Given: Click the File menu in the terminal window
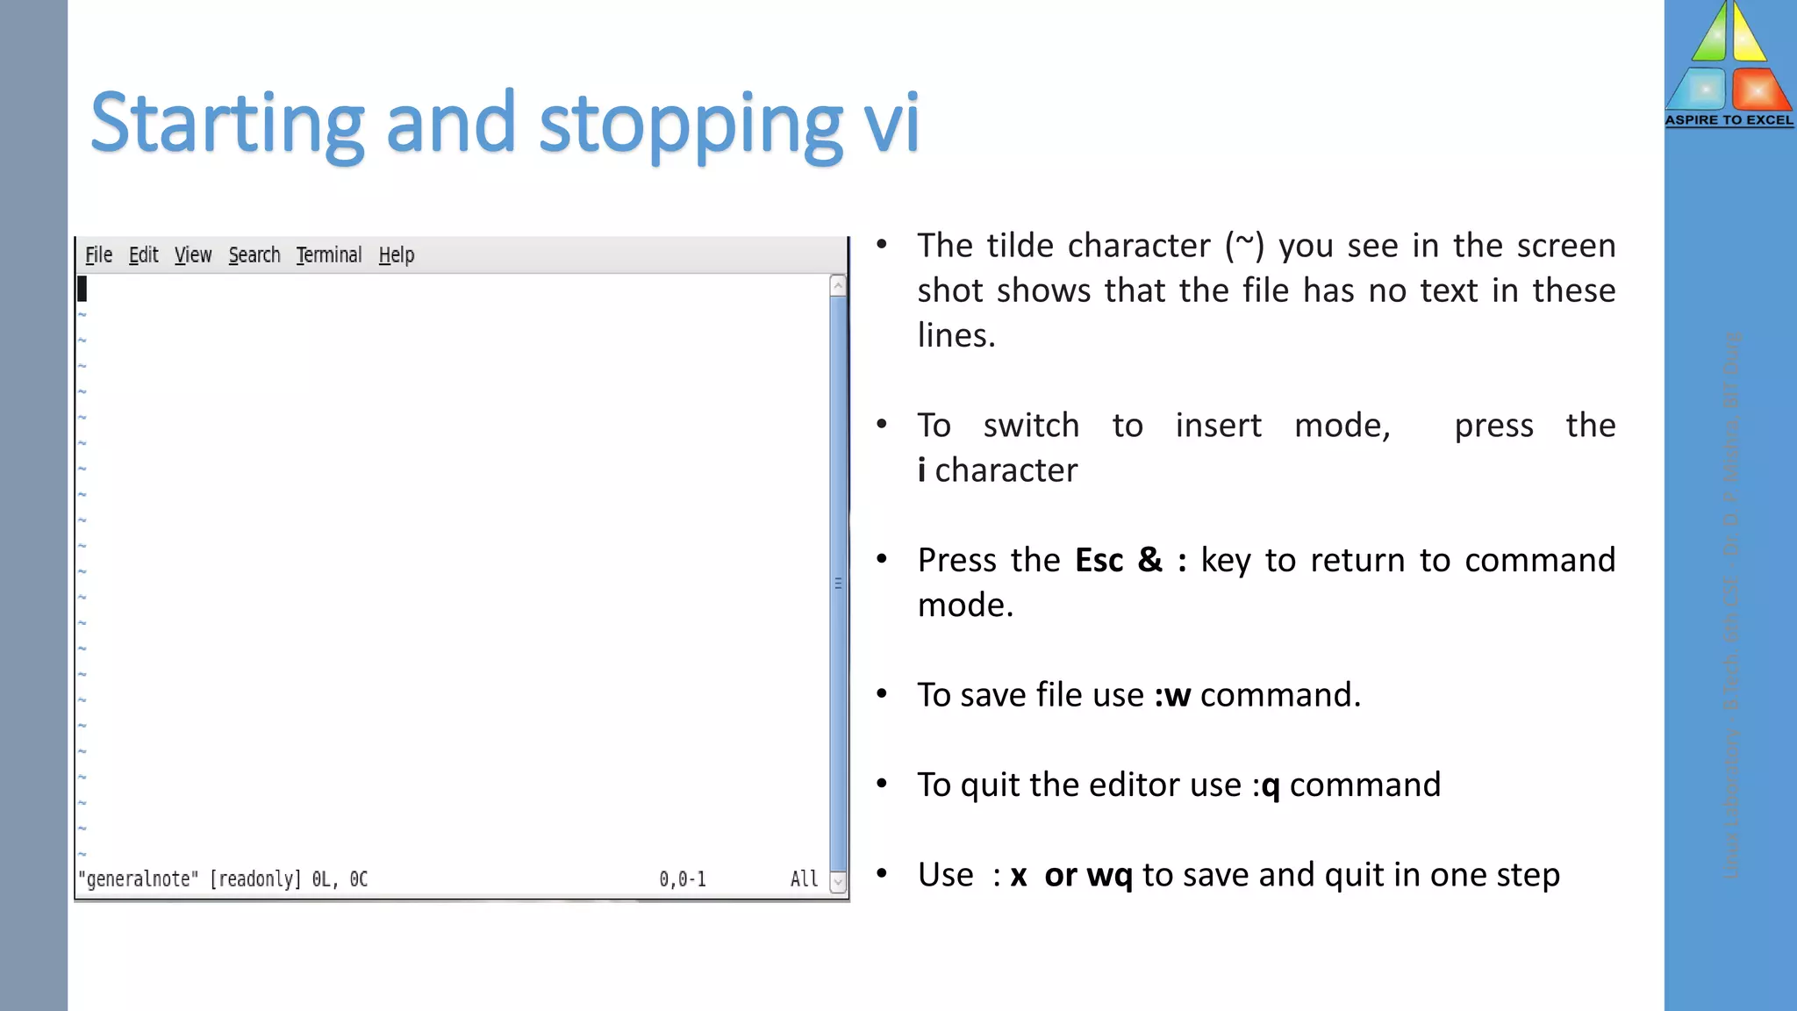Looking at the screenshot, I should pyautogui.click(x=98, y=255).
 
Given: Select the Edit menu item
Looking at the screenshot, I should pyautogui.click(x=143, y=255).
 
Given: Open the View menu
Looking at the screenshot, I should pyautogui.click(x=193, y=255).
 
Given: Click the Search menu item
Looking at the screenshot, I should pyautogui.click(x=254, y=255).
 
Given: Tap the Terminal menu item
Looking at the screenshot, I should pyautogui.click(x=329, y=255).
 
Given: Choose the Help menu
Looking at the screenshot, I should pyautogui.click(x=397, y=255).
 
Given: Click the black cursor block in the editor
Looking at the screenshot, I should pyautogui.click(x=82, y=289).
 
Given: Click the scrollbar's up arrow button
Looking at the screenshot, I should pyautogui.click(x=838, y=286).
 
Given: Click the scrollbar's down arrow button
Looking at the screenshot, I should pyautogui.click(x=838, y=882).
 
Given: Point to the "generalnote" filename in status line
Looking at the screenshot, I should pyautogui.click(x=139, y=879).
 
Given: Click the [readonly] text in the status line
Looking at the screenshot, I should pyautogui.click(x=255, y=879).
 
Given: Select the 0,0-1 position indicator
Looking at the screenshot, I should pyautogui.click(x=683, y=879).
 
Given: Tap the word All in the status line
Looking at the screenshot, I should pyautogui.click(x=804, y=879).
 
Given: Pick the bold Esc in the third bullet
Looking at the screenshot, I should pyautogui.click(x=1099, y=561).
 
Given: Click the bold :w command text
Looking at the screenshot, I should pyautogui.click(x=1172, y=695).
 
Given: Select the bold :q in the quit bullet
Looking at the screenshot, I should pyautogui.click(x=1266, y=785).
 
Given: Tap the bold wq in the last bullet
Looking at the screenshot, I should pyautogui.click(x=1109, y=876).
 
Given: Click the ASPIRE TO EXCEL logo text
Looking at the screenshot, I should pyautogui.click(x=1729, y=120).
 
